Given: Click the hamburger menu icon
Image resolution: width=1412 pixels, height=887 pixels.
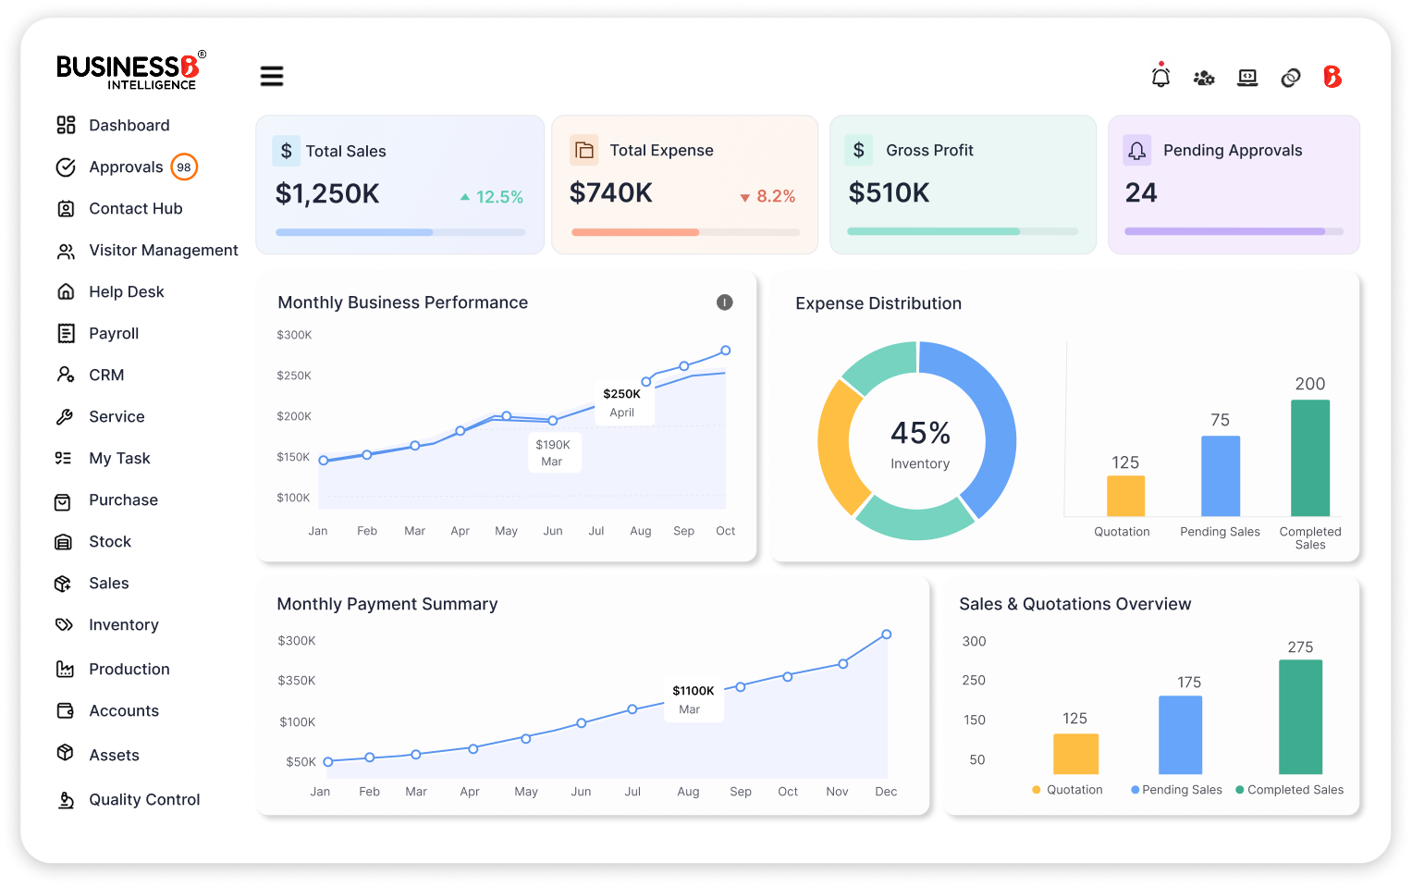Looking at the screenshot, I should tap(271, 76).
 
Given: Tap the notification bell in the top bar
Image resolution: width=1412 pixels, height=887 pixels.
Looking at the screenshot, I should tap(1160, 77).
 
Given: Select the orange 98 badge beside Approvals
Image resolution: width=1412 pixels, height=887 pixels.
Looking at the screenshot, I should tap(184, 167).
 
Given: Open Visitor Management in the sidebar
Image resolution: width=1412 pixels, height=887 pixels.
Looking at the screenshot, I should tap(163, 251).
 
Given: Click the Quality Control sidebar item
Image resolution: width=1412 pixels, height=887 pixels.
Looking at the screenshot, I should tap(143, 800).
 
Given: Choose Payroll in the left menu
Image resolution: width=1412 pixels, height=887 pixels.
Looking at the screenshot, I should tap(113, 334).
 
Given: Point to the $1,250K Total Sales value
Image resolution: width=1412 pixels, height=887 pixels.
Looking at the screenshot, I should tap(327, 194).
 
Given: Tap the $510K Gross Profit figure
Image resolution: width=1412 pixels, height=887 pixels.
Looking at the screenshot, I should tap(889, 193).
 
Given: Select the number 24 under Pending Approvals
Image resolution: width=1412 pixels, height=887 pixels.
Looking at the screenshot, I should tap(1140, 193).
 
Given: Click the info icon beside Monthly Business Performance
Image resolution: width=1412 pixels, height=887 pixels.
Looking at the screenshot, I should tap(725, 302).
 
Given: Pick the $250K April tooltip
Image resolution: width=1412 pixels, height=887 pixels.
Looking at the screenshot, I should tap(622, 403).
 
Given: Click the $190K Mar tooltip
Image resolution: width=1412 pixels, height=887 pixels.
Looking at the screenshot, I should tap(553, 452).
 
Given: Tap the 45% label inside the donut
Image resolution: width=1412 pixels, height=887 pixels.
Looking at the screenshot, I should tap(920, 433).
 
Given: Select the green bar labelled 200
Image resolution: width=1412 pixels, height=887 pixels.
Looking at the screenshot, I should tap(1309, 458).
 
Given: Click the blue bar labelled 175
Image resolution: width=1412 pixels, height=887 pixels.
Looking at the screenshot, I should tap(1180, 734).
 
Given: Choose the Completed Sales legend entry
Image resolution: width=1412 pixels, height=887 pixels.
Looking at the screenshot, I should tap(1290, 790).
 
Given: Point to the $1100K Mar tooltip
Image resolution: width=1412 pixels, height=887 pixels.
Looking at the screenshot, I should tap(693, 700).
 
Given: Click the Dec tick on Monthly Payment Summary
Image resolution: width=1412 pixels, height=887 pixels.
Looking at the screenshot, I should tap(885, 792).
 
